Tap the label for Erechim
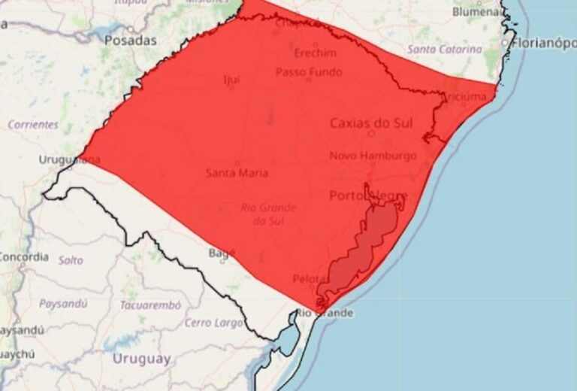click(309, 53)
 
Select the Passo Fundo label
click(309, 72)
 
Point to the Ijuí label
click(231, 80)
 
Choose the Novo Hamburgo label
click(373, 156)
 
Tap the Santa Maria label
click(237, 173)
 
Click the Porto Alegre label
click(368, 196)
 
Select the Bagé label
click(217, 254)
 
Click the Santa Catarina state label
click(445, 49)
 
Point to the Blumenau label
click(477, 11)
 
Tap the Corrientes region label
click(33, 125)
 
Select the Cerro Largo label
click(214, 323)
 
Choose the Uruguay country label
click(141, 359)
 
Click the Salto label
click(71, 260)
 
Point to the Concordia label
click(24, 256)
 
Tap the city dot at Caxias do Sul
click(370, 134)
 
